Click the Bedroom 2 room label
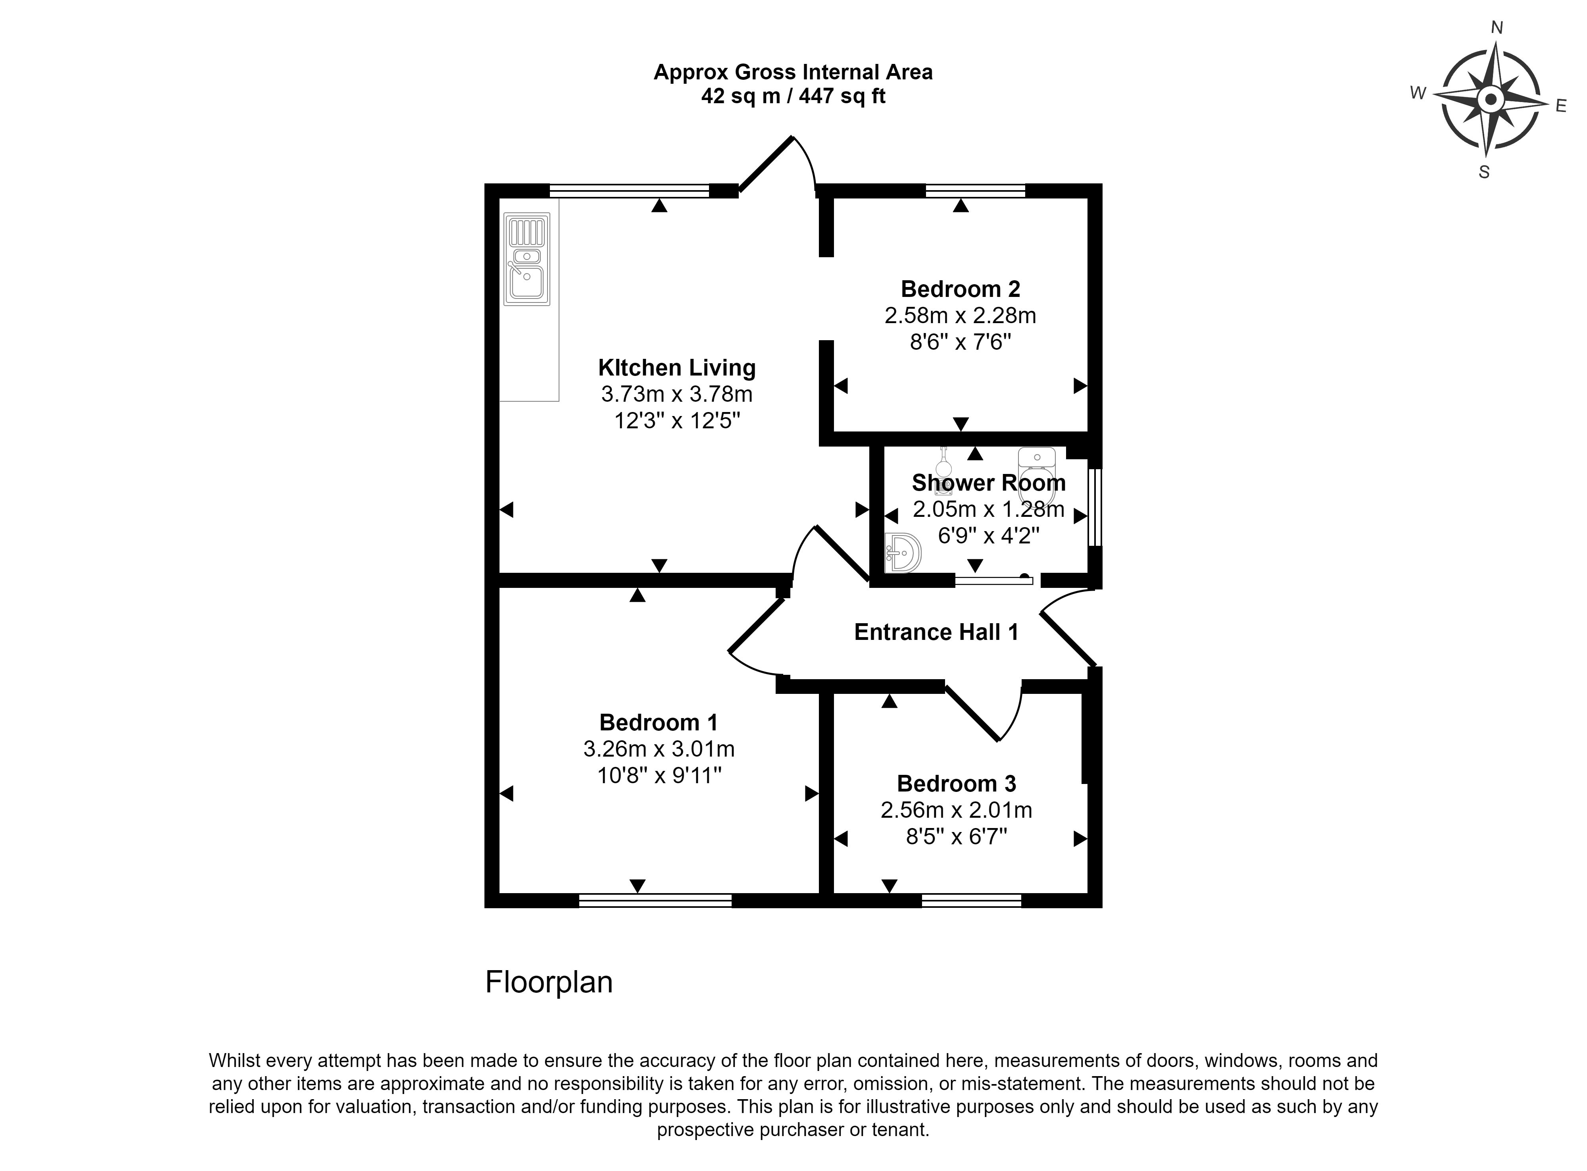pyautogui.click(x=960, y=289)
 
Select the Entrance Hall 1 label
pyautogui.click(x=936, y=632)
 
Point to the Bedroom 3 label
pyautogui.click(x=957, y=784)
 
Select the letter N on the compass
pyautogui.click(x=1497, y=28)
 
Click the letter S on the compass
pyautogui.click(x=1484, y=172)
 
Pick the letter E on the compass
pyautogui.click(x=1561, y=106)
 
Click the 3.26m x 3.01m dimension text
pyautogui.click(x=659, y=749)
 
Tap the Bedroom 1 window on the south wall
pyautogui.click(x=655, y=901)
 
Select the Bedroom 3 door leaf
pyautogui.click(x=972, y=713)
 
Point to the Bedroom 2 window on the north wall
pyautogui.click(x=975, y=190)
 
